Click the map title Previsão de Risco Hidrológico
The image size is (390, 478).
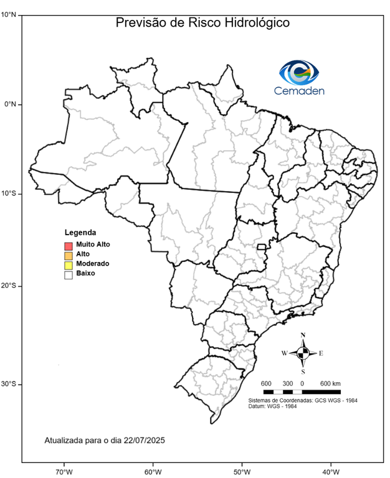pos(203,23)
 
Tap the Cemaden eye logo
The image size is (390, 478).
pos(299,73)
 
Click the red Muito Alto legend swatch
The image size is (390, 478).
pos(69,245)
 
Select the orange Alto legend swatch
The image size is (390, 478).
pos(69,255)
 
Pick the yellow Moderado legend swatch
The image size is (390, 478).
pos(69,265)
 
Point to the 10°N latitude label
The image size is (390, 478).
pos(9,14)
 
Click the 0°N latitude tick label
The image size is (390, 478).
pos(11,105)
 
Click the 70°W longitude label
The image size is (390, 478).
pos(64,471)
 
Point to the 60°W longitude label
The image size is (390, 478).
pos(153,471)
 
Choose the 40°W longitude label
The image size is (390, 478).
pos(330,471)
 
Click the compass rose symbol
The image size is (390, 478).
pos(303,353)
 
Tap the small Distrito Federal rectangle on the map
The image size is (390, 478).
pos(262,247)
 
